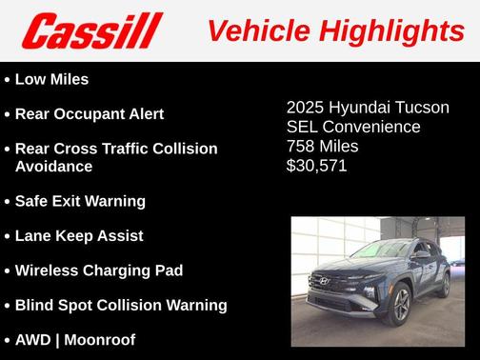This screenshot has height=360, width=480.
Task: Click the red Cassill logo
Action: (x=92, y=31)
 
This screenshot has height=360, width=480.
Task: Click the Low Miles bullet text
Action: (x=52, y=79)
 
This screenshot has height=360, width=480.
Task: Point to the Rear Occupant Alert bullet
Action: (x=90, y=114)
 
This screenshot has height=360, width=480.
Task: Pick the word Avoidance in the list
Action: (x=54, y=167)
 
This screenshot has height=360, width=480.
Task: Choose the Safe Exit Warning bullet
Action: (x=80, y=201)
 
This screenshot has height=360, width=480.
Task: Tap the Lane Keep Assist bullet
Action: (x=79, y=236)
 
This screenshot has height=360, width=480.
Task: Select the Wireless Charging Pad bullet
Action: (x=99, y=270)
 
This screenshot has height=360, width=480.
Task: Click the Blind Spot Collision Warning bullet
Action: (x=121, y=306)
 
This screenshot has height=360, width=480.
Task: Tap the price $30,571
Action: (x=316, y=166)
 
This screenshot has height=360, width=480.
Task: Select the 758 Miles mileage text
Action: (x=322, y=147)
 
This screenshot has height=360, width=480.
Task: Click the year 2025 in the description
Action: (x=305, y=108)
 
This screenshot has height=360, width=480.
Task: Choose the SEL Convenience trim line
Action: (x=353, y=127)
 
